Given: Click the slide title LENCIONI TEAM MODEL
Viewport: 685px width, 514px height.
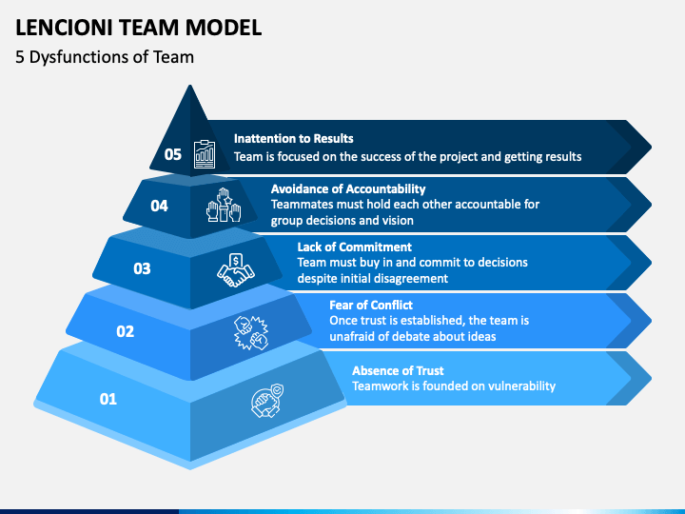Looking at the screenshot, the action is [x=139, y=27].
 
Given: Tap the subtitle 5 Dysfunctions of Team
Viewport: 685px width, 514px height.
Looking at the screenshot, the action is [x=105, y=57].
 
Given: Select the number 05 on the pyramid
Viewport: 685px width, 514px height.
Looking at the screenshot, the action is [x=173, y=154].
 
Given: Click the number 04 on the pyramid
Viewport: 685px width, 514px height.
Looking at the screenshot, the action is [x=160, y=206].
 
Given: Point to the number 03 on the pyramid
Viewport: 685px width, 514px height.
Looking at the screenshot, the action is [x=142, y=268].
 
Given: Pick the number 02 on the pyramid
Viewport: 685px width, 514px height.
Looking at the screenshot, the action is [x=126, y=332].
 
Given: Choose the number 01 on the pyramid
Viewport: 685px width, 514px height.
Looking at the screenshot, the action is [x=108, y=399].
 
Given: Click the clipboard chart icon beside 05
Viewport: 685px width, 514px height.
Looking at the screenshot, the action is [x=205, y=154].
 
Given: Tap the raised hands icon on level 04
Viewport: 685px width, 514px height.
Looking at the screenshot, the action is [x=224, y=205].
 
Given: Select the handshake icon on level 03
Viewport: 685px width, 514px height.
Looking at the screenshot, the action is [x=236, y=270].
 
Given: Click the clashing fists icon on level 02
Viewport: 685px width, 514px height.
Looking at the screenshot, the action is [x=251, y=332].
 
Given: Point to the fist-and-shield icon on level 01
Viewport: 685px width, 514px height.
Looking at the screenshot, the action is [x=267, y=401].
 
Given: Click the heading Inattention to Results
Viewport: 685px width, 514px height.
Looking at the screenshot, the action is [x=294, y=139].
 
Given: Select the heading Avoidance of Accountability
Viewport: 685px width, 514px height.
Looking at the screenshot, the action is [x=348, y=188].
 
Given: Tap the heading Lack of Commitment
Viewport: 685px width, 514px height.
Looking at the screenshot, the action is [x=354, y=247].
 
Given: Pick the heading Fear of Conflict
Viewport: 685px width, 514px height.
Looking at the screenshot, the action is [x=371, y=306].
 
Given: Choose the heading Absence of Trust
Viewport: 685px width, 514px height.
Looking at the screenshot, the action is [x=398, y=370].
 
